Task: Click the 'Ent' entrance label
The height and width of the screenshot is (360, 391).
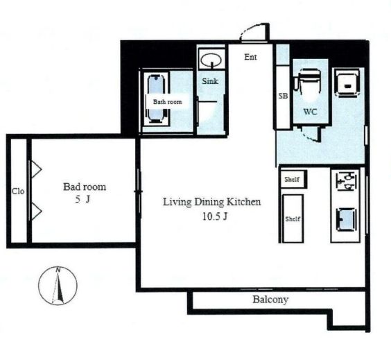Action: point(250,57)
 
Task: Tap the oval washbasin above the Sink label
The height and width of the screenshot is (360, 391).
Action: point(211,60)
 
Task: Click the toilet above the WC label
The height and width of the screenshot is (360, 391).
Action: point(308,81)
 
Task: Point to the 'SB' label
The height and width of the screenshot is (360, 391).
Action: point(283,96)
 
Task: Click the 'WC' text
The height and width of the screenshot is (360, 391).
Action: point(310,112)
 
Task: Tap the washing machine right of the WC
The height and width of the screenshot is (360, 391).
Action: point(347,83)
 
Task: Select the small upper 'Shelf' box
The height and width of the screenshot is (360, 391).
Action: point(293,179)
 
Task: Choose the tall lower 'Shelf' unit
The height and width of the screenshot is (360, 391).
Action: point(293,218)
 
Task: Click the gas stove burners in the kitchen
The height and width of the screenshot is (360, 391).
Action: point(346,181)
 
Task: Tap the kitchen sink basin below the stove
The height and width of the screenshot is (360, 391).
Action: point(346,220)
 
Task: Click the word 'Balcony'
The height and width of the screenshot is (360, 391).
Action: point(270,300)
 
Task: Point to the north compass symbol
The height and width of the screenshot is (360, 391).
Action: point(58,286)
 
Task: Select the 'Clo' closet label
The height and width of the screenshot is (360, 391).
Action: point(18,191)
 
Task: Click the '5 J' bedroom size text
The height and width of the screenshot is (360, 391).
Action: point(82,199)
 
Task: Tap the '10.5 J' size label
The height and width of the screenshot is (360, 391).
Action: point(215,216)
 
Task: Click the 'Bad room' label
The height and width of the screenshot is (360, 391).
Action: point(85,187)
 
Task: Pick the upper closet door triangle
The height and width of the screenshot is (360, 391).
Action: point(36,169)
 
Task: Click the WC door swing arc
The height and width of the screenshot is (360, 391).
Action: point(311,137)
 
